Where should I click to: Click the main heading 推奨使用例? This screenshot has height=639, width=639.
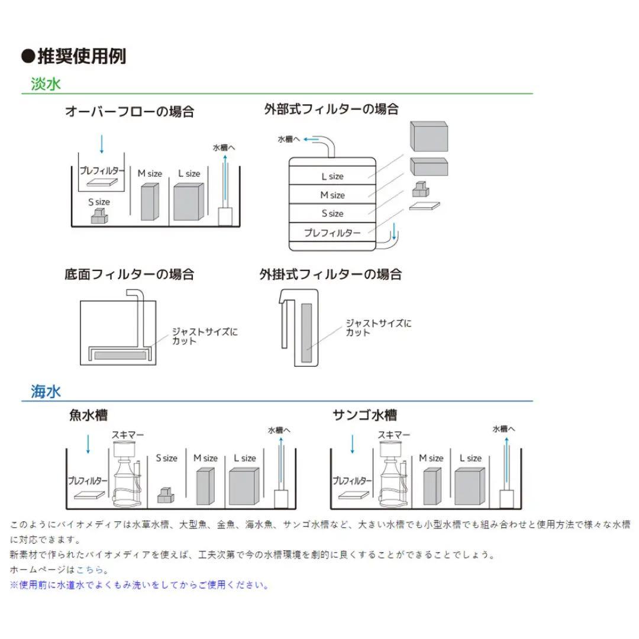pyautogui.click(x=73, y=57)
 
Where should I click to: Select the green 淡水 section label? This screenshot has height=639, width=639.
pyautogui.click(x=46, y=84)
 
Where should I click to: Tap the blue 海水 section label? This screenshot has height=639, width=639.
pyautogui.click(x=46, y=391)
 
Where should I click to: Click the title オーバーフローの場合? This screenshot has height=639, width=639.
pyautogui.click(x=130, y=112)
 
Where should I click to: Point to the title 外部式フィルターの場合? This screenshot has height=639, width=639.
pyautogui.click(x=331, y=109)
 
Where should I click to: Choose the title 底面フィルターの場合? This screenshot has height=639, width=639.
pyautogui.click(x=130, y=275)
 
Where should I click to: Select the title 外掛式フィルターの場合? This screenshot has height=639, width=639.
pyautogui.click(x=331, y=275)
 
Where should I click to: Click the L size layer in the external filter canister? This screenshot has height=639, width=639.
pyautogui.click(x=332, y=176)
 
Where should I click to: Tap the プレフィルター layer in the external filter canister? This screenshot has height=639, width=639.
pyautogui.click(x=332, y=233)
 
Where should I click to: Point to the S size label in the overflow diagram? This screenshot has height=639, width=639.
pyautogui.click(x=99, y=202)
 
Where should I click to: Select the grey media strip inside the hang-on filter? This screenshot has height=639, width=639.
pyautogui.click(x=307, y=333)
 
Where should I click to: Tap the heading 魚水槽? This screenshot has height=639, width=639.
pyautogui.click(x=88, y=415)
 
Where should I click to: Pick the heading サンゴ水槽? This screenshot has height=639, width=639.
pyautogui.click(x=364, y=415)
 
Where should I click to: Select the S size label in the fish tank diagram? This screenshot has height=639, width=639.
pyautogui.click(x=166, y=458)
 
